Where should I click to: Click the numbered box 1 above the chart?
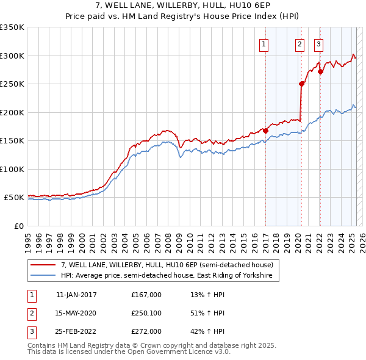click(x=265, y=43)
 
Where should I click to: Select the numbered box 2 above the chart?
click(x=300, y=43)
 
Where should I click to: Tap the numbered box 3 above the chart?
click(x=319, y=43)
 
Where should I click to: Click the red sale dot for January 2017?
click(x=266, y=131)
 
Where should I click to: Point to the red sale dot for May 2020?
click(x=301, y=84)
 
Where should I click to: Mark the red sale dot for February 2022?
click(x=320, y=71)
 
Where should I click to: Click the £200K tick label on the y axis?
click(x=12, y=112)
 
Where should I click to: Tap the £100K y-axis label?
click(x=12, y=169)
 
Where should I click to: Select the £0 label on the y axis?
click(x=18, y=226)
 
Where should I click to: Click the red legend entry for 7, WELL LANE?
click(x=170, y=265)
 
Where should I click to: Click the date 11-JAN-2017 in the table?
click(x=76, y=295)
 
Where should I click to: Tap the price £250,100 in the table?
click(x=146, y=313)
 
